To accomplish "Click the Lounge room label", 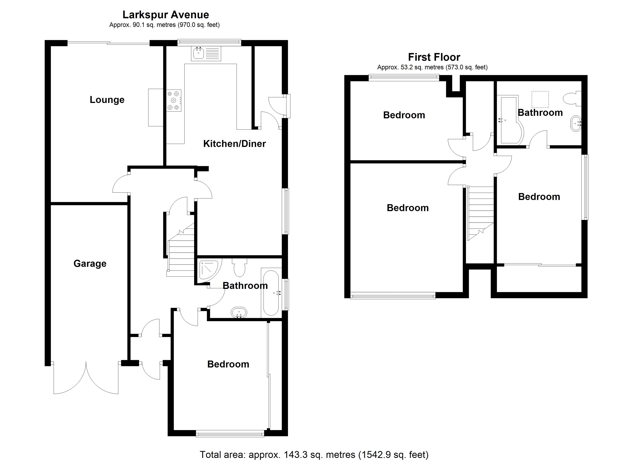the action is point(107,100).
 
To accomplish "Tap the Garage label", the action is point(90,264).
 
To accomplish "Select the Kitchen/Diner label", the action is point(234,144).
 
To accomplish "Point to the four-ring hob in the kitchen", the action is point(174,100).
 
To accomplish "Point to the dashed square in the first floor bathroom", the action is point(540,99).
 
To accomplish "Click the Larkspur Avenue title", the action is point(166,15).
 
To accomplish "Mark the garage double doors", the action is point(86,377).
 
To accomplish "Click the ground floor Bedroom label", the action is point(228,364).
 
